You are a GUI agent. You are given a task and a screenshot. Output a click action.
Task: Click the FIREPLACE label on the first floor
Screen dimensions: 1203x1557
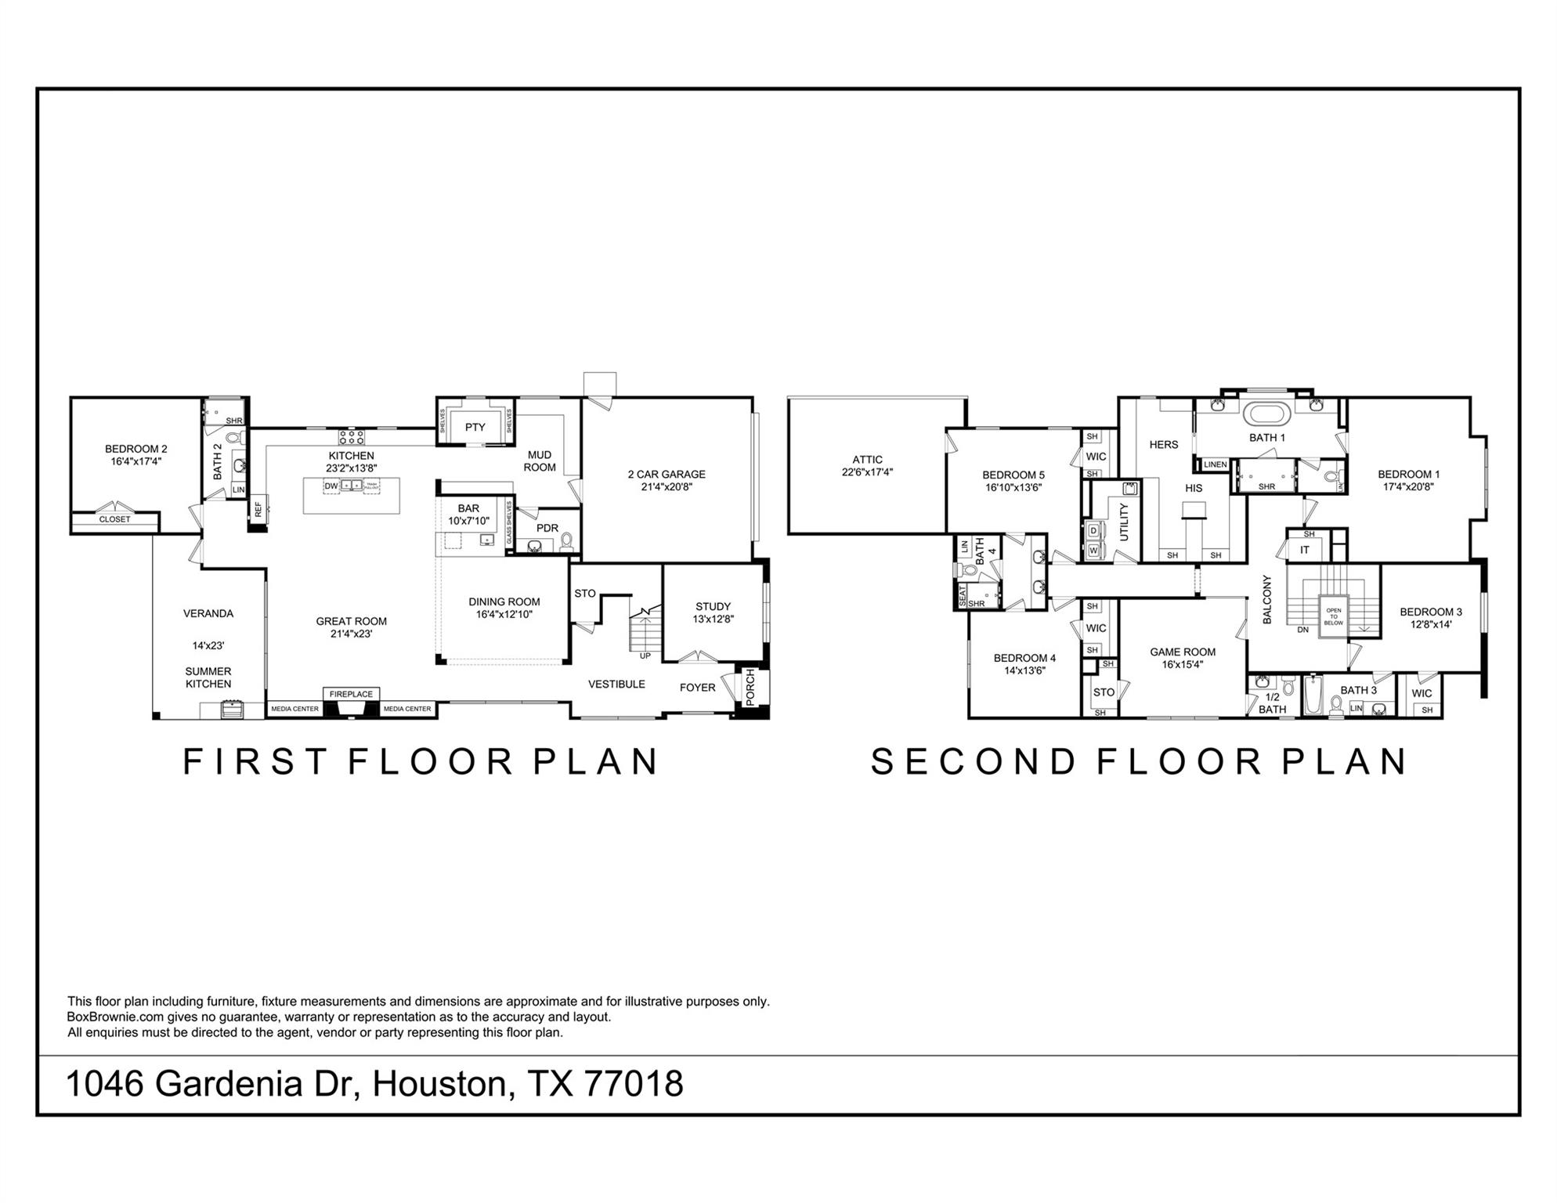coord(351,694)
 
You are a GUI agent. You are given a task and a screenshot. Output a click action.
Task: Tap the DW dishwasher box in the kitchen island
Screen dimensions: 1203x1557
coord(331,486)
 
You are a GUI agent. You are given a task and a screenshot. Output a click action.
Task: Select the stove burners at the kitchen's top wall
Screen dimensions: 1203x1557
coord(352,436)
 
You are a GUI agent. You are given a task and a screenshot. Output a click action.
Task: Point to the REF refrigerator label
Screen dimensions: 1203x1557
coord(258,509)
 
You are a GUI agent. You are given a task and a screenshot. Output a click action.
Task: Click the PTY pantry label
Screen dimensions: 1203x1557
coord(475,427)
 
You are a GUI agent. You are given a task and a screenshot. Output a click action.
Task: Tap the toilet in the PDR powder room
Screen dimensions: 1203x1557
coord(567,540)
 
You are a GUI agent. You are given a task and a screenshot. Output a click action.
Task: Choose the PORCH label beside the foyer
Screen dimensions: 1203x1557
coord(750,687)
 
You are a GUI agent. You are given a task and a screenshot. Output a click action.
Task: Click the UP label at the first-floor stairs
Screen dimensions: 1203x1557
coord(645,656)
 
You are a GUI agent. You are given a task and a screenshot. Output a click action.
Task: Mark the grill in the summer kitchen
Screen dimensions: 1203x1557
coord(232,710)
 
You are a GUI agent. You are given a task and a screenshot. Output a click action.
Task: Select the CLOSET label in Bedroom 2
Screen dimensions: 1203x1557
coord(114,519)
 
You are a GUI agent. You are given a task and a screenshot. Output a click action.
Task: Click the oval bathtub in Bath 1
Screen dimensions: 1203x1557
coord(1266,413)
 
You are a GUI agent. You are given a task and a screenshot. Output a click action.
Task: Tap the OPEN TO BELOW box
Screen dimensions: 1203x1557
coord(1333,616)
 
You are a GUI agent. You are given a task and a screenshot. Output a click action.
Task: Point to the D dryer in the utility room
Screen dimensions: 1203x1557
coord(1093,530)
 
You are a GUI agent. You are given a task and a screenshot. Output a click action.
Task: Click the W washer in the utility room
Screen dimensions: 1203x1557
coord(1093,551)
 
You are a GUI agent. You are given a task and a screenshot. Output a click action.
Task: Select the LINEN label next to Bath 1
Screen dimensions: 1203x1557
coord(1215,464)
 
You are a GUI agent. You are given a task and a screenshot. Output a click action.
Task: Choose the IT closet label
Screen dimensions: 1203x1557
coord(1304,550)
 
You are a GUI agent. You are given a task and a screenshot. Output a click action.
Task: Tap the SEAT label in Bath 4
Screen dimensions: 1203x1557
coord(962,596)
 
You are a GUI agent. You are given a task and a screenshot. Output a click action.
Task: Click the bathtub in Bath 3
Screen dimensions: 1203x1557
coord(1313,695)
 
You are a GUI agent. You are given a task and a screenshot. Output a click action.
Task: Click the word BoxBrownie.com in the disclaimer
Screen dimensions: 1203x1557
coord(115,1017)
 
